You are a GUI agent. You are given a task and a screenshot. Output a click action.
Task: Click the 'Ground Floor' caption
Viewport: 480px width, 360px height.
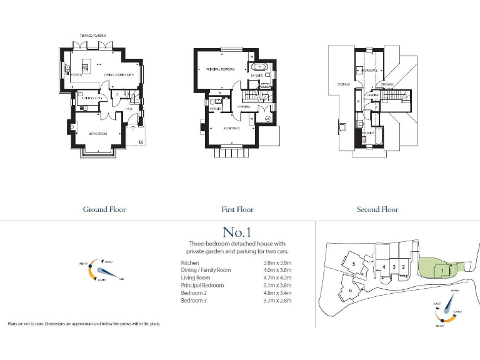tap(104, 209)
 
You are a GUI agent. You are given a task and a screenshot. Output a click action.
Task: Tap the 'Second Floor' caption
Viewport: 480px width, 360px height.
tap(377, 209)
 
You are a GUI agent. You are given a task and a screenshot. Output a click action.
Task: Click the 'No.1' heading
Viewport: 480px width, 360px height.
tap(236, 232)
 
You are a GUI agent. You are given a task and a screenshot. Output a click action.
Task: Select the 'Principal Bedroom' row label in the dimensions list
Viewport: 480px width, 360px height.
tap(201, 286)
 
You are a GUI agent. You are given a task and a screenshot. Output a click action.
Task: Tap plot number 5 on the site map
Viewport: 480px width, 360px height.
tap(354, 264)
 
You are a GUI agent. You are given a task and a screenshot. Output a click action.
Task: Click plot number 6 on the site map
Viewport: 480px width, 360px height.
tap(351, 291)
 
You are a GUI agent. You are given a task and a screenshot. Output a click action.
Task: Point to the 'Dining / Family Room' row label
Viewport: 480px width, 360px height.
tap(206, 270)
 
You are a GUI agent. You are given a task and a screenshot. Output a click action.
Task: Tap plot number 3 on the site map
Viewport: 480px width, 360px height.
tap(394, 267)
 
